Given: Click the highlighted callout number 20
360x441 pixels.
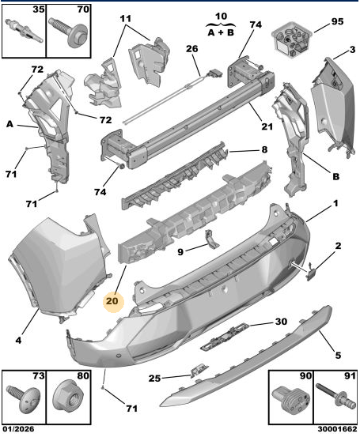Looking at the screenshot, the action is (x=112, y=301).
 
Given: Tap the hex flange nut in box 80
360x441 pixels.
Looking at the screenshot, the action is (x=68, y=397).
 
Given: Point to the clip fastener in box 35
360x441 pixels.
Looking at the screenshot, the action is (x=25, y=30).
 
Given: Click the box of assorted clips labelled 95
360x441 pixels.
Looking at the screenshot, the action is (x=292, y=38).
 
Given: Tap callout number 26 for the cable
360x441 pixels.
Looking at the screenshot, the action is (x=191, y=49).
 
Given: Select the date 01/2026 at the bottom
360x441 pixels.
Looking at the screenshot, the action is (x=18, y=429).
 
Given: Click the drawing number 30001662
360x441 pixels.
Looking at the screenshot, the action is (x=337, y=429).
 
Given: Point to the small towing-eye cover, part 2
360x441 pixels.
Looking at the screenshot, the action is (x=311, y=272).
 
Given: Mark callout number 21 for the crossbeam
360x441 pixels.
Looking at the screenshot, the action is (x=267, y=126).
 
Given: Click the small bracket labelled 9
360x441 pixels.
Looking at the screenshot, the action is (x=212, y=239).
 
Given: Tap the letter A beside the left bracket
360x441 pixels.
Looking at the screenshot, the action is (x=9, y=124).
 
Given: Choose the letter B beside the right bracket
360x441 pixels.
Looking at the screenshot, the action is (x=335, y=176).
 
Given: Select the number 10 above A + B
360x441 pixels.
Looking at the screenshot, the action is (x=221, y=16).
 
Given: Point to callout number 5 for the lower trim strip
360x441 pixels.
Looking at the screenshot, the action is (x=338, y=355).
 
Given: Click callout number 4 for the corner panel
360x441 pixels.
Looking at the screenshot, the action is (x=18, y=341).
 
